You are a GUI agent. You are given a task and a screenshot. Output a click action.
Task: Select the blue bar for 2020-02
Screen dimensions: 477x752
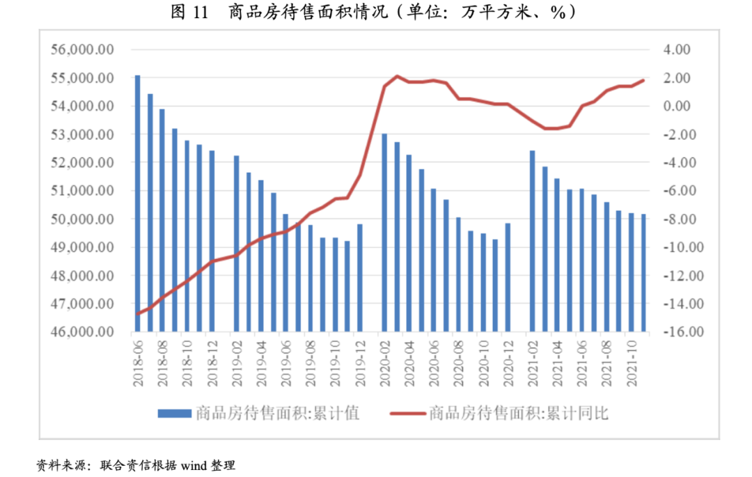tap(384, 233)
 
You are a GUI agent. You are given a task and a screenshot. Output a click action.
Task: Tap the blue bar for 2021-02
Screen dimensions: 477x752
tap(533, 241)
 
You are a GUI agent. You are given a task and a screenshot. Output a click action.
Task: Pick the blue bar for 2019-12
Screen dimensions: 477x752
tap(360, 278)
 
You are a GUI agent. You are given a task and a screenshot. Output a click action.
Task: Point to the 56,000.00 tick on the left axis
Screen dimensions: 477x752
tap(82, 50)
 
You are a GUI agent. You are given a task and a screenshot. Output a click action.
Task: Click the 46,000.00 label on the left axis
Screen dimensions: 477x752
tap(82, 332)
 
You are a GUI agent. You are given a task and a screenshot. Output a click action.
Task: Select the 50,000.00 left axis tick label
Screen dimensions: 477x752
tap(82, 219)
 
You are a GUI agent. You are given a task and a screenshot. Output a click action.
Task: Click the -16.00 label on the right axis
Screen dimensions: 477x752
tap(673, 332)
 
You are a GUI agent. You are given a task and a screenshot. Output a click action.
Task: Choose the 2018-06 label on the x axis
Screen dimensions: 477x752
tap(138, 362)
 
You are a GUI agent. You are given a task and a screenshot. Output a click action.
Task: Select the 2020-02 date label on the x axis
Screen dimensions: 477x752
tap(385, 362)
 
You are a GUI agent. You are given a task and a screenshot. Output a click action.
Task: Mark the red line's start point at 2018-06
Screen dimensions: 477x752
tap(137, 313)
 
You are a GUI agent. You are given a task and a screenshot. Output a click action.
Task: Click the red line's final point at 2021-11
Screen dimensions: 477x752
tap(643, 80)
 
